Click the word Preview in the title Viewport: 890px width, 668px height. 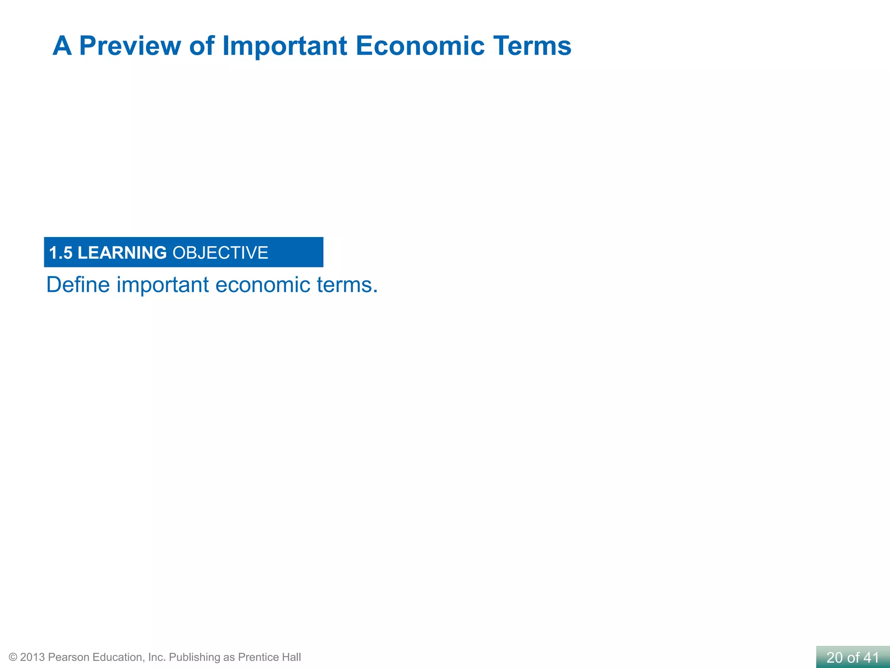(x=130, y=46)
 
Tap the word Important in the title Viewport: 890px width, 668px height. (x=285, y=46)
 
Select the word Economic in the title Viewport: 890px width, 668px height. (x=420, y=46)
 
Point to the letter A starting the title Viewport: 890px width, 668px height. (x=62, y=46)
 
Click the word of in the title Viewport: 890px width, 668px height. (x=202, y=46)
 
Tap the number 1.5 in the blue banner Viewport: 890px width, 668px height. (x=60, y=253)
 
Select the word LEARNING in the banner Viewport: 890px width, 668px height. (x=122, y=253)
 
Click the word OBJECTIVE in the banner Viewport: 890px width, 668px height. (x=220, y=253)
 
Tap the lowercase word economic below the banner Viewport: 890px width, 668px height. (x=263, y=285)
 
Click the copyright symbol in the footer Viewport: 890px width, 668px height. (x=13, y=657)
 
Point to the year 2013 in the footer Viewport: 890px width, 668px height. (x=32, y=657)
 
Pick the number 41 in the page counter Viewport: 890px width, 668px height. (x=871, y=658)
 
